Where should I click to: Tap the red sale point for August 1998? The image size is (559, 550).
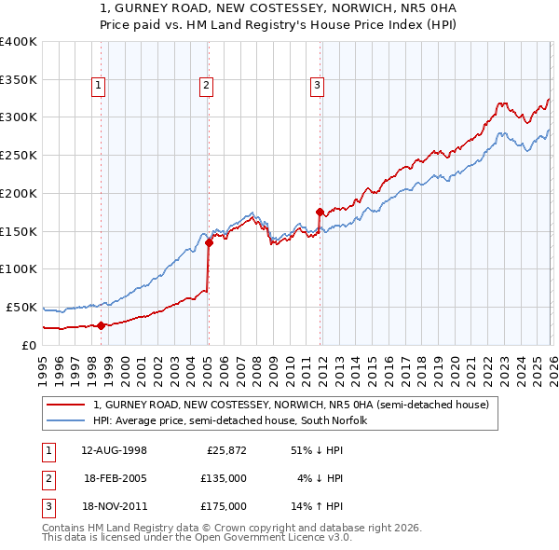[102, 325]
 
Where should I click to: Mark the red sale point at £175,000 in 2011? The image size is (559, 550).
[320, 212]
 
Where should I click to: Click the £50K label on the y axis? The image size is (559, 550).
[22, 307]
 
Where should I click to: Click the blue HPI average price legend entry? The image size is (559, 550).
[230, 421]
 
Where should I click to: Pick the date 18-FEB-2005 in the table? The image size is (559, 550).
[114, 478]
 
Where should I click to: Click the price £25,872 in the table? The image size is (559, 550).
[226, 450]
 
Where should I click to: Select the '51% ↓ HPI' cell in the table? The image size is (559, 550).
[318, 450]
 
